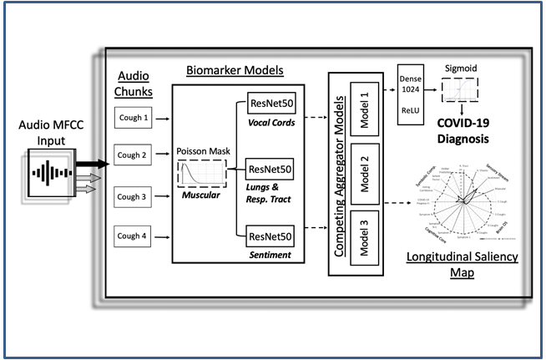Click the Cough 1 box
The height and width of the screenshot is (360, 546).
pyautogui.click(x=134, y=118)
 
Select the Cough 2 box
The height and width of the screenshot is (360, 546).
pyautogui.click(x=134, y=155)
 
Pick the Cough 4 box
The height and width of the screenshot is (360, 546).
pyautogui.click(x=134, y=236)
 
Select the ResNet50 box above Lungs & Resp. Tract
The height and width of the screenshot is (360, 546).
pyautogui.click(x=271, y=171)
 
